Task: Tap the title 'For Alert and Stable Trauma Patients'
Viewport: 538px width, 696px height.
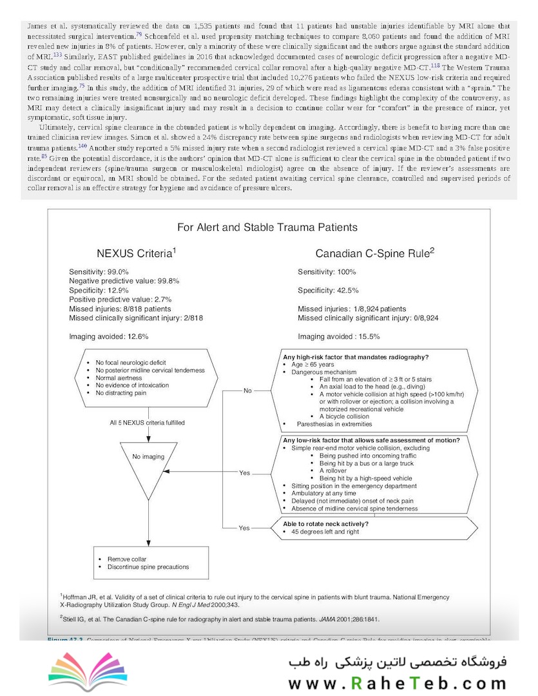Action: (267, 227)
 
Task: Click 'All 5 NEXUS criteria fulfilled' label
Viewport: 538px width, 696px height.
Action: (147, 423)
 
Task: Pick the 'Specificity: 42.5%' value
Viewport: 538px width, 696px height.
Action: (328, 291)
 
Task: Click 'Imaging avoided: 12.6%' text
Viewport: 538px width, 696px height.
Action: (109, 336)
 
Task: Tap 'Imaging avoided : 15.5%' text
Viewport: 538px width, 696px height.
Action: (338, 336)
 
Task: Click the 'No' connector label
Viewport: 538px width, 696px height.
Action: (247, 391)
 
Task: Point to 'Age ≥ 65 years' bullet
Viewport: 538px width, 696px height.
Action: (314, 365)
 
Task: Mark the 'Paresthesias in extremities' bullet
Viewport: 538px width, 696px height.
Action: (331, 423)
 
